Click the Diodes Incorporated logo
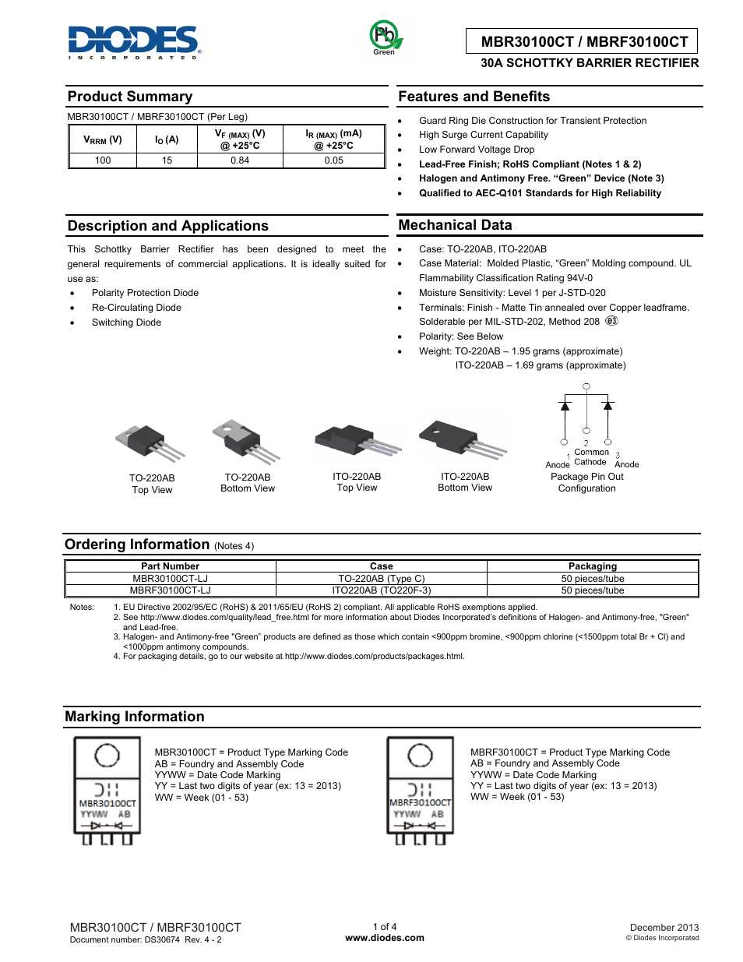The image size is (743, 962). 134,42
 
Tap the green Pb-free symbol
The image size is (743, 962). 385,37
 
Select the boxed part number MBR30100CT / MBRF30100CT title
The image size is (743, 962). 584,42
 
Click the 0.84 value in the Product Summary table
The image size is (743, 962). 240,160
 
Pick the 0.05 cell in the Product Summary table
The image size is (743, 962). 333,160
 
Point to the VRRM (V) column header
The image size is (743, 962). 103,139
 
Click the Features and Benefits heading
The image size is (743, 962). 474,97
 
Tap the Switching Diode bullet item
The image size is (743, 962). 126,322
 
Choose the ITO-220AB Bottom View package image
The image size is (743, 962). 463,440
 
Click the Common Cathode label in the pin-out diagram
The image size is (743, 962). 591,457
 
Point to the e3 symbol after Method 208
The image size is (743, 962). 611,321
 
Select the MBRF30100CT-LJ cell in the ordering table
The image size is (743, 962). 170,590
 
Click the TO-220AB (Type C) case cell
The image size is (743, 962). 382,579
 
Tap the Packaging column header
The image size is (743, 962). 592,566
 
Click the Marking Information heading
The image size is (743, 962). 135,717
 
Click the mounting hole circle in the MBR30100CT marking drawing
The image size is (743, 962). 107,756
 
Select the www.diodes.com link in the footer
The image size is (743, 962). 385,938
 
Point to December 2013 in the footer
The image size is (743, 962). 664,928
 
